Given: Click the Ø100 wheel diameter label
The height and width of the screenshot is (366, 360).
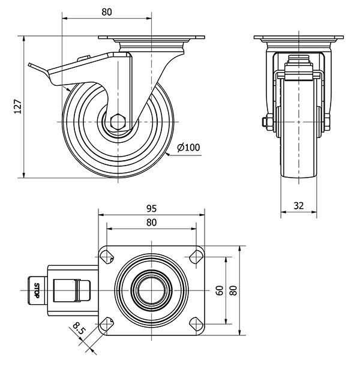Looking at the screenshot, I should tap(189, 147).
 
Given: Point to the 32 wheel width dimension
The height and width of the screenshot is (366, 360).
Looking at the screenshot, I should tap(299, 205).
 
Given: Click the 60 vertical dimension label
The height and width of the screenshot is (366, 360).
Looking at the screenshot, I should tap(220, 290).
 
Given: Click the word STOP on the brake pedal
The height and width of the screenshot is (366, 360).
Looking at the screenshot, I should tap(37, 290).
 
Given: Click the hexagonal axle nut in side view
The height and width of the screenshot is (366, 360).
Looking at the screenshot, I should tap(118, 121).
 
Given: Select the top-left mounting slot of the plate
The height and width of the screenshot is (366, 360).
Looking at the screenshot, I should tap(107, 257).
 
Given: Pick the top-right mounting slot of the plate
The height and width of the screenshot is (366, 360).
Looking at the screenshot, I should tap(195, 257).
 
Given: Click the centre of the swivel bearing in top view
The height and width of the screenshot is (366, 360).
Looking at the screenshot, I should tap(151, 290).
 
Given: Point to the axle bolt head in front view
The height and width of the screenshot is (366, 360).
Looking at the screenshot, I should tap(265, 124).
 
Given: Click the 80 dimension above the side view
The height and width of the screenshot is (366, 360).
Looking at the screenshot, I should tap(107, 11).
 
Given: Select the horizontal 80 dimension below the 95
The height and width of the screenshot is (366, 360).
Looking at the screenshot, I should tap(151, 223).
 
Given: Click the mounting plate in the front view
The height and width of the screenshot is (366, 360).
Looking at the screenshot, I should tap(299, 39).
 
